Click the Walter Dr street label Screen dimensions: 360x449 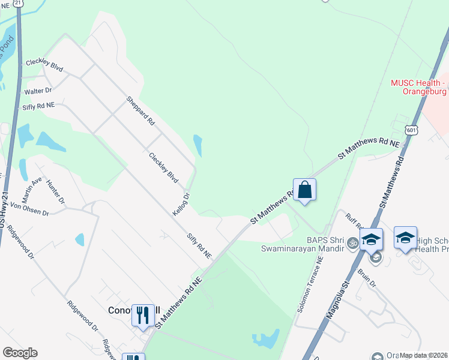click(37, 91)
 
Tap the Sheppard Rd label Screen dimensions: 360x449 click(140, 110)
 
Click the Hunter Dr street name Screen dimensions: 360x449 click(55, 192)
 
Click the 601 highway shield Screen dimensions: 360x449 click(411, 130)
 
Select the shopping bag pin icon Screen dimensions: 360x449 click(304, 190)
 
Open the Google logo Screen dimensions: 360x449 click(20, 353)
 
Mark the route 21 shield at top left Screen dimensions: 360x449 click(19, 3)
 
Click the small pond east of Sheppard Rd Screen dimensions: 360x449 click(197, 145)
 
